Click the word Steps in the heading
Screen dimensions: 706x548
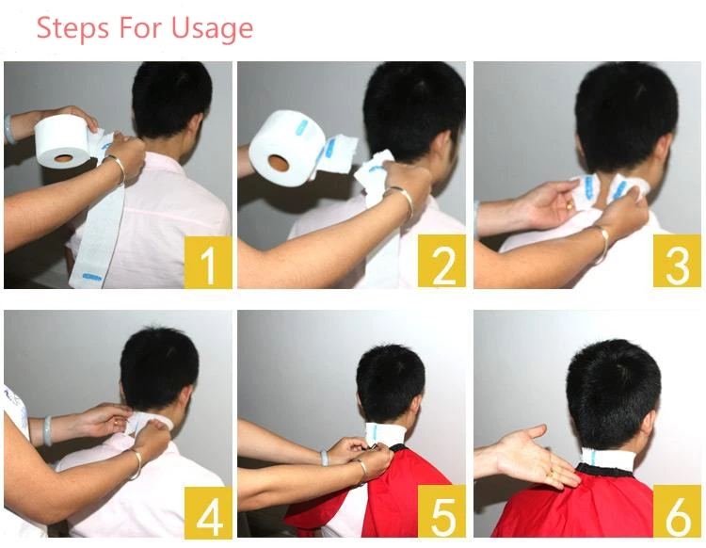[x=72, y=28]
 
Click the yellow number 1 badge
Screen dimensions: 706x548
[x=208, y=263]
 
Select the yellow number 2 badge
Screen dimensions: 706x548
[x=441, y=261]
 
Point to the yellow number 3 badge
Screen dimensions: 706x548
[x=677, y=261]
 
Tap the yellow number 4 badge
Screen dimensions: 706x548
[x=208, y=512]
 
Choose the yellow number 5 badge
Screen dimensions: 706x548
[x=441, y=511]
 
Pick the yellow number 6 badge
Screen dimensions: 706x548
[x=677, y=511]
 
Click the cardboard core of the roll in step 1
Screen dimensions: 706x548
[x=64, y=158]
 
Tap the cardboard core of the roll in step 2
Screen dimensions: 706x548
[x=278, y=163]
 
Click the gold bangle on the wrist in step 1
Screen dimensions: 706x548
[x=116, y=168]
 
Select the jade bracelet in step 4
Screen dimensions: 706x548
[x=47, y=430]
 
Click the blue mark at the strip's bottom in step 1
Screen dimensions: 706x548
[x=92, y=277]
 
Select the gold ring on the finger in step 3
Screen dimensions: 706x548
[x=570, y=206]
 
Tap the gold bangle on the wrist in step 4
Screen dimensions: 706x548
[x=136, y=464]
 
